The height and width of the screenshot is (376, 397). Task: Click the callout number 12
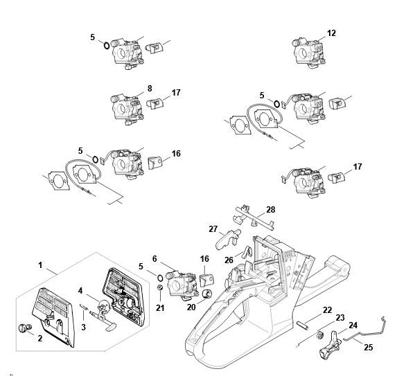pos(331,33)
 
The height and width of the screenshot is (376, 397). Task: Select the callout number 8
pos(150,89)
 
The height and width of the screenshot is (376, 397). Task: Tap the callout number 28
pos(271,210)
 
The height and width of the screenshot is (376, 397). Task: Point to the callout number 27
pos(213,229)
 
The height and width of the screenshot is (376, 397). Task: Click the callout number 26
pos(229,260)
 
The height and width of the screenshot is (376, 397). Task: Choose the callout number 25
pos(369,348)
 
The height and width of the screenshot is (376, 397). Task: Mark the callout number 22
pos(328,310)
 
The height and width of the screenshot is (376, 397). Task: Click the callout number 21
pos(160,308)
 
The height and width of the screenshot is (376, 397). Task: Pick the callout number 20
pos(191,307)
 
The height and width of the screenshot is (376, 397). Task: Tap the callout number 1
pos(40,265)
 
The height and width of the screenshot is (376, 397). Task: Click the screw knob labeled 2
pos(25,328)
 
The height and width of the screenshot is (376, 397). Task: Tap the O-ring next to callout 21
pos(160,278)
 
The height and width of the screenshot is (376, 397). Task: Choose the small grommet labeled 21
pos(160,287)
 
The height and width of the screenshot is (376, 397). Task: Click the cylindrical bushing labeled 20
pos(208,294)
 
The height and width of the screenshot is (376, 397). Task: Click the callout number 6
pos(155,259)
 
